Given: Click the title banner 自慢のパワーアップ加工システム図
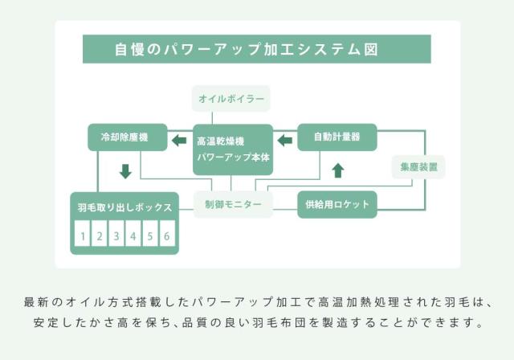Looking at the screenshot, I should coord(256,49).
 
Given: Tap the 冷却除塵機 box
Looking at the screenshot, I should coord(127,137).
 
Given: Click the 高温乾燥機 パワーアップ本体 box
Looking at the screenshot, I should coord(233,148).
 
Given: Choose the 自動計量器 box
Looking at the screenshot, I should coord(338,137).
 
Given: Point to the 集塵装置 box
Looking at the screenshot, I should coord(418,167).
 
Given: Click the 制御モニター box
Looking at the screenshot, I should coord(233,205).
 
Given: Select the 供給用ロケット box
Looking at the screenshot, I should coord(338,205).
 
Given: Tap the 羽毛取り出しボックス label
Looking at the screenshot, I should coord(124,207).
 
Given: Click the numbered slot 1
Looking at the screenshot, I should coord(82,236).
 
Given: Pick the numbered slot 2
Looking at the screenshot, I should coord(99,236).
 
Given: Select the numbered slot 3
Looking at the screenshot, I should coord(116,236).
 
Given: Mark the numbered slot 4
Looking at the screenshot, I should coord(133,236).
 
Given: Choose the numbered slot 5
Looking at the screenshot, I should coord(149,236).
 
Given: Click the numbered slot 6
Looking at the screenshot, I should coord(166,236).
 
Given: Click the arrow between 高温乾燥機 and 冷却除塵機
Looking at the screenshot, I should coord(179,141).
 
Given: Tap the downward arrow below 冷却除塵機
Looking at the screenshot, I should coord(125,171).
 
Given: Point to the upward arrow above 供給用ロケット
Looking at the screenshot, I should coord(338,170).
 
